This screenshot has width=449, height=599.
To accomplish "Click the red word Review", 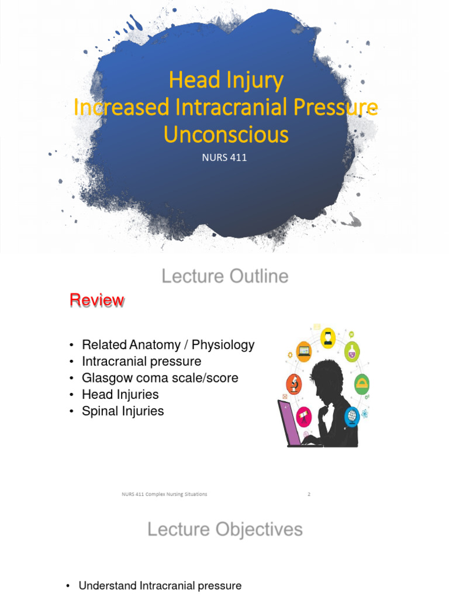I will [x=96, y=300].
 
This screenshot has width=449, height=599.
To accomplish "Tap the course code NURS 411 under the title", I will [x=225, y=157].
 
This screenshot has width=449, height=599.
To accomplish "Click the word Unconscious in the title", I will [x=226, y=135].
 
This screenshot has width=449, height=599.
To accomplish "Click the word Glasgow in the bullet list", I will [x=106, y=378].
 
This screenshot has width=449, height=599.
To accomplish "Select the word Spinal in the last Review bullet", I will [x=100, y=411].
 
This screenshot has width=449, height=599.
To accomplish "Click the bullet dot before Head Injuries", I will [x=71, y=395].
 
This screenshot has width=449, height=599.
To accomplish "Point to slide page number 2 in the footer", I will [x=309, y=494].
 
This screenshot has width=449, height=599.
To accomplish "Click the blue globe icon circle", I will [x=352, y=416].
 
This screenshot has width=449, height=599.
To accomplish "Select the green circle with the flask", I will [x=352, y=352].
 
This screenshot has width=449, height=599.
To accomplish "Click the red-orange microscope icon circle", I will [x=293, y=384].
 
